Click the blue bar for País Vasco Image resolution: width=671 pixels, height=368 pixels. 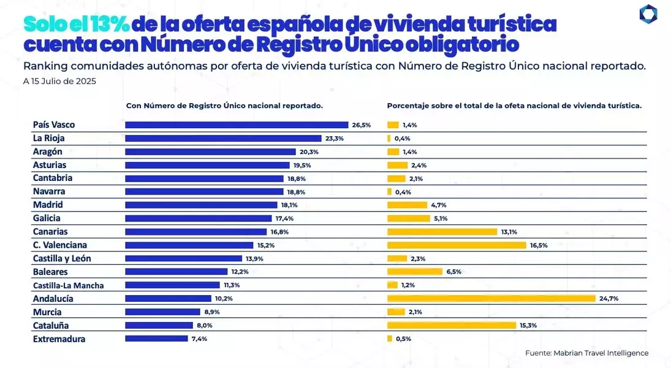point(237,125)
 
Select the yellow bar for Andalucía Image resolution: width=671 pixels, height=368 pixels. point(491,299)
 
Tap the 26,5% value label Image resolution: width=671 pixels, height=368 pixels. point(361,125)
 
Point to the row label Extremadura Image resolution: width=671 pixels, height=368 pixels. point(59,339)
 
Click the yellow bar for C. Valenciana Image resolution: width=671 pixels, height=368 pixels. point(457,245)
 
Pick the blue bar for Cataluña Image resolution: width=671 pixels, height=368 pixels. point(159,326)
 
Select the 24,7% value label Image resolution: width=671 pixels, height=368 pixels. point(608,299)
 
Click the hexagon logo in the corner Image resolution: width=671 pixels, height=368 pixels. point(648,14)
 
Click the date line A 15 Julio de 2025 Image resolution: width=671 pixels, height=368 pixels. point(59,82)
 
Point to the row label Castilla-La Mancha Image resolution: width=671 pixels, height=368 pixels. point(69,285)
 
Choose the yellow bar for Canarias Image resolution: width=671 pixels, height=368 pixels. point(442,232)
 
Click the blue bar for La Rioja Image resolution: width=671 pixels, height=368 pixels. point(224,139)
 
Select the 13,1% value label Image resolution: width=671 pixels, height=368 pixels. point(509,232)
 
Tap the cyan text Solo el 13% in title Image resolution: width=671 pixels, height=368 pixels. point(77,25)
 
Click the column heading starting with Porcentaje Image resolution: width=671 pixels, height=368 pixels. point(514,105)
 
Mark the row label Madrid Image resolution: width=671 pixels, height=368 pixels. point(48,205)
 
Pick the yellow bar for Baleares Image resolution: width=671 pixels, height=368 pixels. point(415,272)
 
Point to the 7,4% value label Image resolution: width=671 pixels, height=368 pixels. point(199,339)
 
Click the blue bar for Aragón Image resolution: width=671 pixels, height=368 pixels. point(211,151)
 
